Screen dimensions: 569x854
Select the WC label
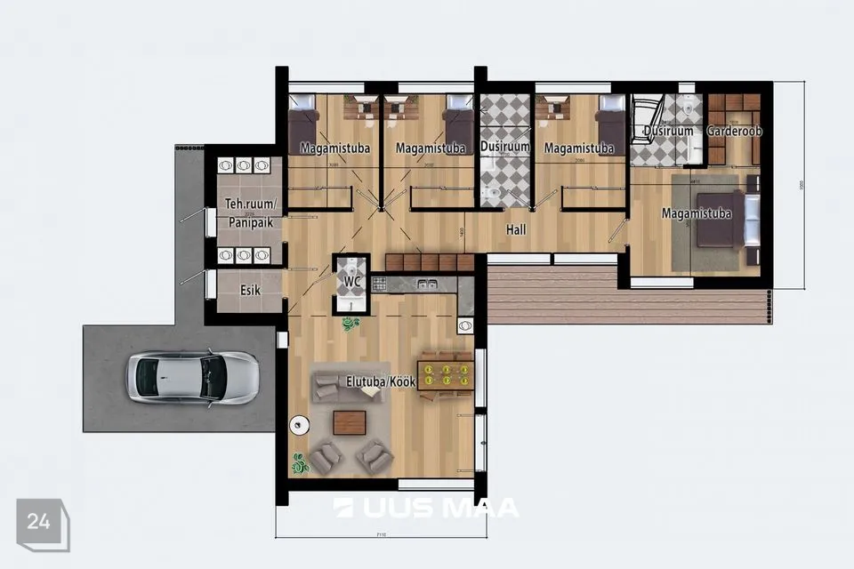pyautogui.click(x=352, y=282)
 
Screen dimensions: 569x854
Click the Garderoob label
pyautogui.click(x=734, y=132)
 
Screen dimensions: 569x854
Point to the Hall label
pyautogui.click(x=517, y=229)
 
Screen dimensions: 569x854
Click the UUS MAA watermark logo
pyautogui.click(x=425, y=508)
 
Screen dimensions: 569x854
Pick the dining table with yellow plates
pyautogui.click(x=445, y=374)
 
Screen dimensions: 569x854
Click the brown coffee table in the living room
pyautogui.click(x=350, y=421)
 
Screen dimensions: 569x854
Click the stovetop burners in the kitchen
pyautogui.click(x=379, y=284)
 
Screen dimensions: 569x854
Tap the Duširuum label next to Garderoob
pyautogui.click(x=668, y=132)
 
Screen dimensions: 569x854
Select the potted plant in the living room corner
pyautogui.click(x=301, y=462)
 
